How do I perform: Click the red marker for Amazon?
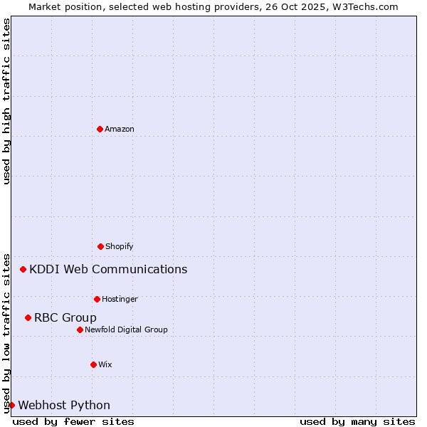click(x=100, y=129)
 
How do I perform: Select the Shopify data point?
click(x=100, y=246)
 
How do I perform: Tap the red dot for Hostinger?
click(x=97, y=299)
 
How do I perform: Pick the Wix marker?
click(x=93, y=364)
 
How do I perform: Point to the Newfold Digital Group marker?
click(x=80, y=330)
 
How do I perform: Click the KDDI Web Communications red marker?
click(x=23, y=269)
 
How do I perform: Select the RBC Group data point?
click(x=28, y=317)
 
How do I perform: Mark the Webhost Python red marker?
click(x=12, y=405)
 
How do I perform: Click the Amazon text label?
click(x=120, y=129)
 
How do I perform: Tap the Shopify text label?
click(x=120, y=246)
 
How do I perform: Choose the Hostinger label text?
click(x=120, y=299)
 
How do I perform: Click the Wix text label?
click(x=105, y=364)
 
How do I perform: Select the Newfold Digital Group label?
click(x=126, y=330)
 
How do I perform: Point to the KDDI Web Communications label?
click(x=108, y=269)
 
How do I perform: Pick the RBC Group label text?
click(x=65, y=317)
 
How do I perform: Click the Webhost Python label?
click(x=64, y=405)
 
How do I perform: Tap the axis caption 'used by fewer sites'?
click(x=73, y=421)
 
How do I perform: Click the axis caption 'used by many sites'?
click(x=357, y=421)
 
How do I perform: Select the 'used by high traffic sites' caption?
click(x=7, y=101)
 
